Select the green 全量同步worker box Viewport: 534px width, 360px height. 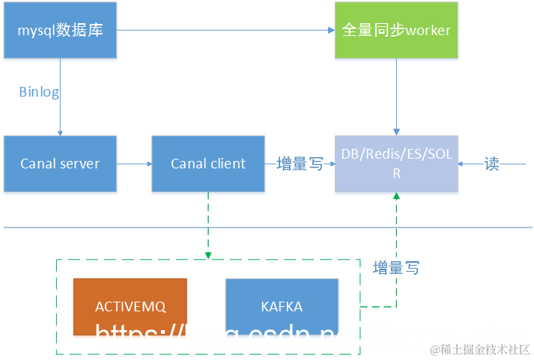(396, 30)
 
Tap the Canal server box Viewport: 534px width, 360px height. (60, 163)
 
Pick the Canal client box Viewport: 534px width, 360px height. (208, 163)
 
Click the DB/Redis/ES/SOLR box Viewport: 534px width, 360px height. (396, 163)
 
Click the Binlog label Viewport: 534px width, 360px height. (39, 92)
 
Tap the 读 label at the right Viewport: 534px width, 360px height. (491, 164)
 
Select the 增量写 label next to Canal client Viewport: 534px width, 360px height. (300, 164)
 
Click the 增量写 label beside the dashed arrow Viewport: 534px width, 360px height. (396, 267)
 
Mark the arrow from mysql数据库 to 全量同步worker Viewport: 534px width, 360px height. (225, 30)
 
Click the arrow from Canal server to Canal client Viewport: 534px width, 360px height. (134, 163)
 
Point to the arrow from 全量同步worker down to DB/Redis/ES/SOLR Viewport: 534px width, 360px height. (396, 97)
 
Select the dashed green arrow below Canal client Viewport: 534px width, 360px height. (208, 225)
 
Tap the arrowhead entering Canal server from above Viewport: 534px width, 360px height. (60, 132)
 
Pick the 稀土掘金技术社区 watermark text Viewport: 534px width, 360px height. (479, 350)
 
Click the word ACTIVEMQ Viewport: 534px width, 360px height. (130, 307)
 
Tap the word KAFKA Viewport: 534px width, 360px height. (282, 307)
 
